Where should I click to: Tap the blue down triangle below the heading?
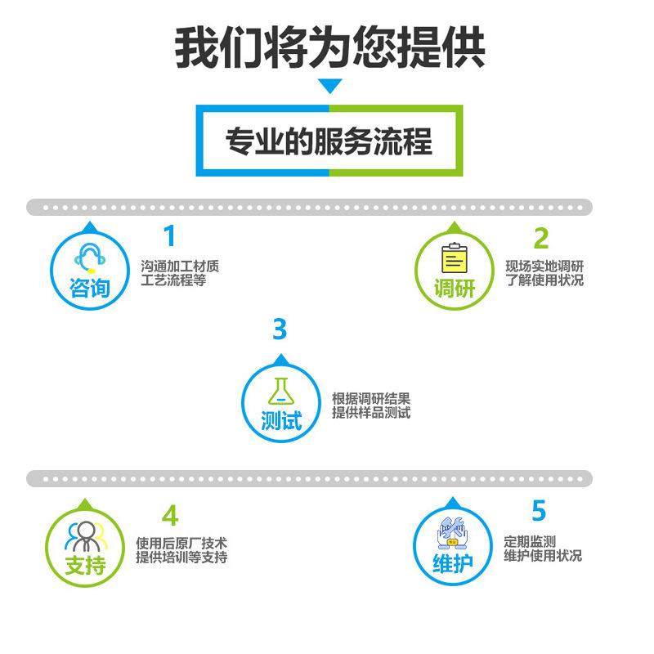coord(329,86)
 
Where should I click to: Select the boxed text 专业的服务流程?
coord(329,141)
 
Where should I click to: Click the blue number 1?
coord(169,236)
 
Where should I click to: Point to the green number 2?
coord(540,238)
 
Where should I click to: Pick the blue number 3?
coord(280,329)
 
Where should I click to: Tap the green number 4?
coord(169,516)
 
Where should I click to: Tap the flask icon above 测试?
coord(280,388)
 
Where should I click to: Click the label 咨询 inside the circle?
coord(90,289)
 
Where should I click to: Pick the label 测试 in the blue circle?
coord(281,421)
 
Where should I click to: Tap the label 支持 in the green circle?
coord(87,566)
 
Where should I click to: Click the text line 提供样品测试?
coord(370,413)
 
